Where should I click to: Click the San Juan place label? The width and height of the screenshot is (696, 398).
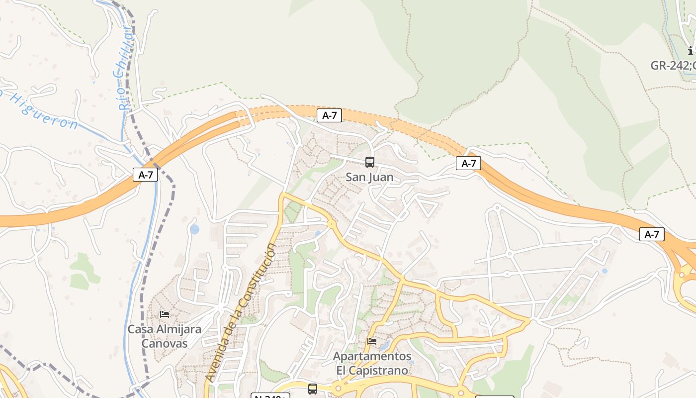[369, 177]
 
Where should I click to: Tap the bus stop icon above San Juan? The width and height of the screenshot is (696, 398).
[369, 162]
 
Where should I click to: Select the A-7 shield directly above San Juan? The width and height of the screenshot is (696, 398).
[329, 115]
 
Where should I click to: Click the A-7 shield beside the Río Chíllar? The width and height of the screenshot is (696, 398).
[145, 175]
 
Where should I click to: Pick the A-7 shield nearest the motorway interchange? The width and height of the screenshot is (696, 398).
[651, 234]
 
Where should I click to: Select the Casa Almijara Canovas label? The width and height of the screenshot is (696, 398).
[165, 336]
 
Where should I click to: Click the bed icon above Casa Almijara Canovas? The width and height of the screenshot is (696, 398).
[165, 314]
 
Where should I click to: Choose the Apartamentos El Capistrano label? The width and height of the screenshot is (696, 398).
[372, 363]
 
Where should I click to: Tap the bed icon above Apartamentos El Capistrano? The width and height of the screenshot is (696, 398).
[372, 341]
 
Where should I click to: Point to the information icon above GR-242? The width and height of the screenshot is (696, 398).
[691, 51]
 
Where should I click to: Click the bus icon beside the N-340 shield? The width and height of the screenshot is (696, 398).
[312, 389]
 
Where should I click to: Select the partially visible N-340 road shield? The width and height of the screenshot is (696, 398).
[270, 396]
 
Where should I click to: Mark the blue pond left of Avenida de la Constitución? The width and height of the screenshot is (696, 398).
[194, 229]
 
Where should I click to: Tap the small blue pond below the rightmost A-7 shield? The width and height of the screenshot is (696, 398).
[605, 271]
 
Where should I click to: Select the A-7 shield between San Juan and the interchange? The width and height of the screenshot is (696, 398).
[468, 163]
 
